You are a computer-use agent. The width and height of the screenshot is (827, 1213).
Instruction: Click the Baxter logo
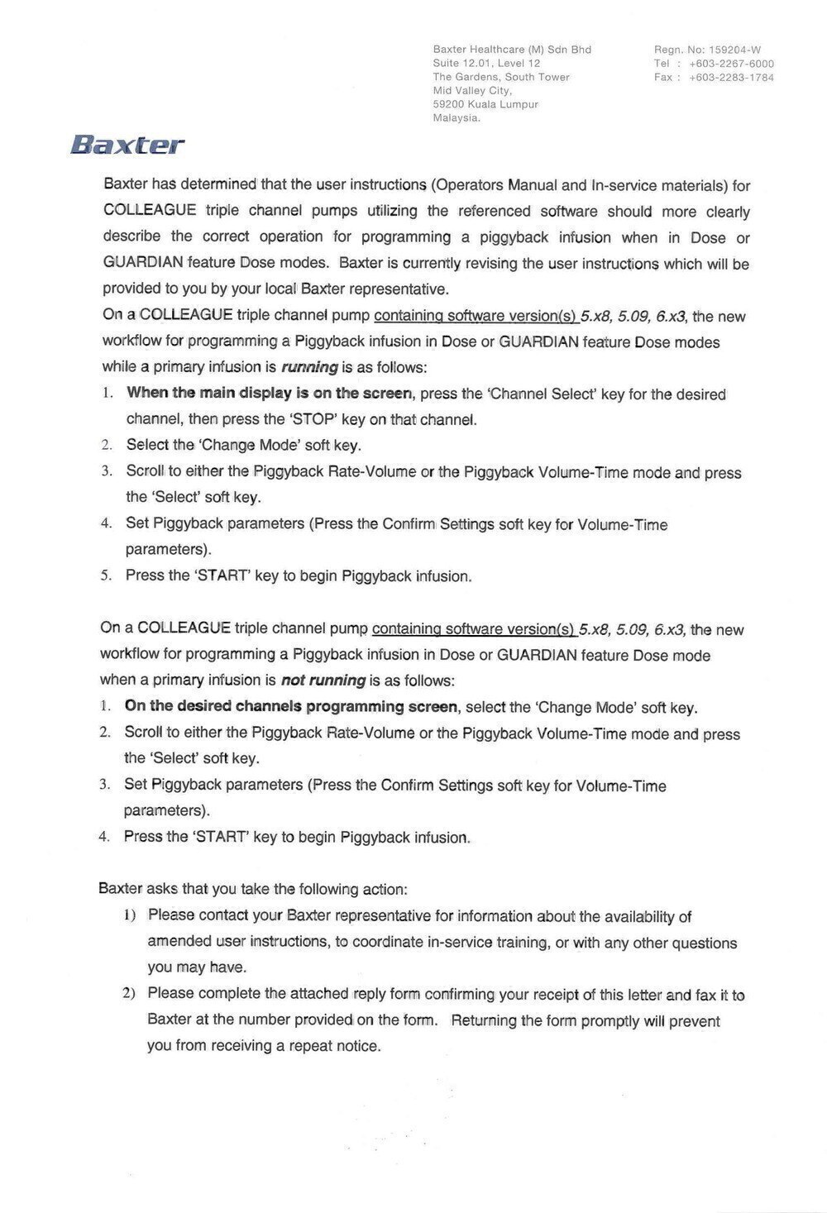click(x=127, y=146)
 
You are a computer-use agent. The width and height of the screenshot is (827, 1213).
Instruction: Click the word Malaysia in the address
click(x=457, y=118)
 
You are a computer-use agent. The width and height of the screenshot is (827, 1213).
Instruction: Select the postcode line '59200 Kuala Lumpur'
click(x=485, y=105)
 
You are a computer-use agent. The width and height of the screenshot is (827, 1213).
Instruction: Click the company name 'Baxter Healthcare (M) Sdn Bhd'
click(x=512, y=50)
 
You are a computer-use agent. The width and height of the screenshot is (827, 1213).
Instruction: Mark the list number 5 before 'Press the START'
click(x=105, y=575)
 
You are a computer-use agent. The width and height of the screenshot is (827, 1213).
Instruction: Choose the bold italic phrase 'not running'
click(x=323, y=681)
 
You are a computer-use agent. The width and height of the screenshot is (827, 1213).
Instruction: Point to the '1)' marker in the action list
click(x=129, y=915)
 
